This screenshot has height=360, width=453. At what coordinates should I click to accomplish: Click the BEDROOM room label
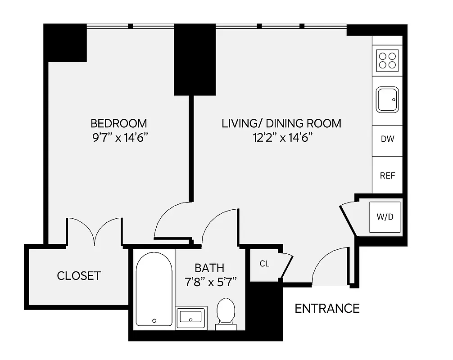pyautogui.click(x=118, y=123)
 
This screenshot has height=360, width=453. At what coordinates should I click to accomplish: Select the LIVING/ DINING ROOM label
pyautogui.click(x=281, y=123)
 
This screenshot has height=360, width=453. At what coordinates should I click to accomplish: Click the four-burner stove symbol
pyautogui.click(x=388, y=60)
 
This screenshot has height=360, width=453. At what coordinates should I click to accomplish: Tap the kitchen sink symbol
pyautogui.click(x=388, y=100)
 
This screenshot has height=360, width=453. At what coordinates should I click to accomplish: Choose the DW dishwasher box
pyautogui.click(x=387, y=139)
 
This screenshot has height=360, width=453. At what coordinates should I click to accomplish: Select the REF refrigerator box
pyautogui.click(x=387, y=175)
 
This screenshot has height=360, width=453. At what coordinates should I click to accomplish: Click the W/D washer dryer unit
pyautogui.click(x=385, y=217)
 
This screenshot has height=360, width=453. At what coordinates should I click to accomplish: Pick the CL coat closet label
pyautogui.click(x=264, y=264)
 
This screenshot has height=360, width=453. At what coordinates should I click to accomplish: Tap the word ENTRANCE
pyautogui.click(x=327, y=308)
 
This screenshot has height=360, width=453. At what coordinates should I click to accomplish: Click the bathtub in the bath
pyautogui.click(x=154, y=288)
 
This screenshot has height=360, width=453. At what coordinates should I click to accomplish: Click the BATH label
pyautogui.click(x=209, y=268)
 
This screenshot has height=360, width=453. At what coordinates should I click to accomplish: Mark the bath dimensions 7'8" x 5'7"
pyautogui.click(x=209, y=283)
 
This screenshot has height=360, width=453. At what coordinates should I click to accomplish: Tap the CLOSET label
pyautogui.click(x=79, y=275)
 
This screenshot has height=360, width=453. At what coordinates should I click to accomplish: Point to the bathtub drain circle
pyautogui.click(x=154, y=321)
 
